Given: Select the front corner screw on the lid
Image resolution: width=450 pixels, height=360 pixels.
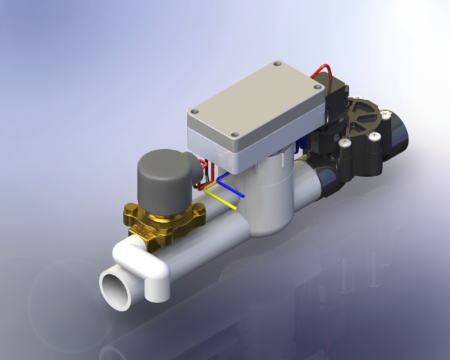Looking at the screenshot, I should tap(235, 135).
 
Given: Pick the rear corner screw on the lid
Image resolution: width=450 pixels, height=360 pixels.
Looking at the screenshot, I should tap(276, 64).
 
